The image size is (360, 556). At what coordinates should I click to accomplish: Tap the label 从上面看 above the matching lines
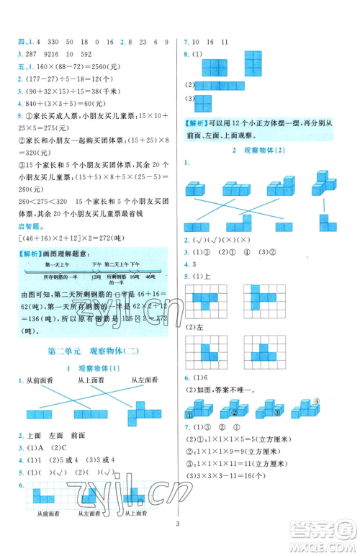(x=90, y=380)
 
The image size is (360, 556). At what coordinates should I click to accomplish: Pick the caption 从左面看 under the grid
(x=88, y=534)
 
